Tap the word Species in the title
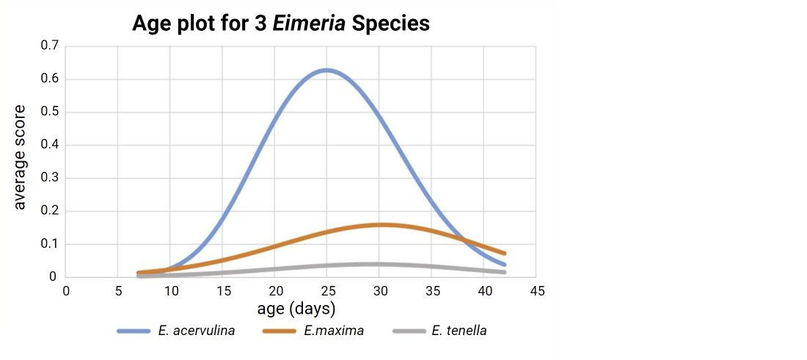[x=391, y=23]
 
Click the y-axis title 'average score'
[x=20, y=157]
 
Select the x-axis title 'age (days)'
[x=296, y=308]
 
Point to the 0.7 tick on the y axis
[x=50, y=46]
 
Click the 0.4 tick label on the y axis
[x=50, y=145]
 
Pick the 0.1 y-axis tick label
[x=50, y=244]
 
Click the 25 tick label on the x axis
[x=327, y=291]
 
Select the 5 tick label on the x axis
[x=118, y=291]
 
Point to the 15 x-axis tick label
[x=223, y=291]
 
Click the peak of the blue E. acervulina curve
[x=326, y=70]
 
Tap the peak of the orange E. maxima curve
[x=381, y=224]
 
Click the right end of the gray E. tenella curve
[x=505, y=272]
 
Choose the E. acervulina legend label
[x=196, y=331]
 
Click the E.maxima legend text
[x=334, y=331]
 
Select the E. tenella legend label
[x=459, y=331]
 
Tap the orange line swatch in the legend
[x=280, y=331]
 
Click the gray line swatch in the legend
[x=409, y=331]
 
